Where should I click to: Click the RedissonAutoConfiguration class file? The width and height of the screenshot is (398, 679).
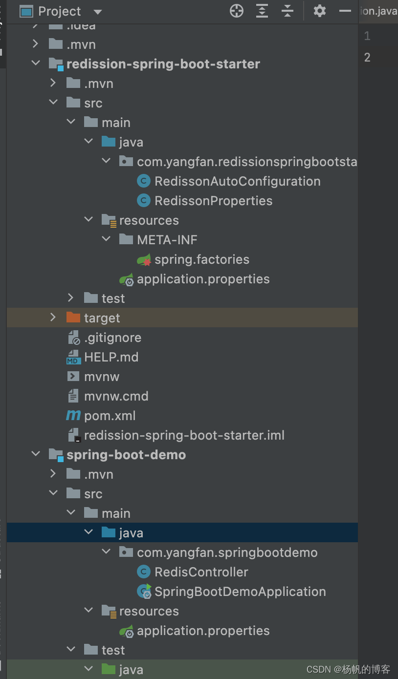click(237, 181)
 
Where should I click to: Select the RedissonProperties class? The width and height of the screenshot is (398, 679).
click(213, 201)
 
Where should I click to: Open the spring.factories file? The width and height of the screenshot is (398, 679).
click(201, 259)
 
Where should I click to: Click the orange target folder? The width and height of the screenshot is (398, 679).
click(102, 318)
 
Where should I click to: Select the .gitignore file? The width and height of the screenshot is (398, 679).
click(112, 338)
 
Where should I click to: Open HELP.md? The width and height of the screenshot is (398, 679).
click(111, 357)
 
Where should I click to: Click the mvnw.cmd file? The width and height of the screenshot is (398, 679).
click(116, 396)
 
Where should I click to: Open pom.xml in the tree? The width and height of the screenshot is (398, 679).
click(110, 416)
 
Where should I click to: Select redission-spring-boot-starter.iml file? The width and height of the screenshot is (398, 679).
click(184, 435)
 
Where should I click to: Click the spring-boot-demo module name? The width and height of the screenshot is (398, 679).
click(126, 455)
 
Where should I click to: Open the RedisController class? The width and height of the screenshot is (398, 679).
click(201, 572)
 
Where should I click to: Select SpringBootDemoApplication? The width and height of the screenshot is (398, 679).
click(240, 592)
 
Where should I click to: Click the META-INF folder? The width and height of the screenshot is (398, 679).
click(167, 240)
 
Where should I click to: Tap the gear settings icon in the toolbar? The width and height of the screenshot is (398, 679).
click(320, 11)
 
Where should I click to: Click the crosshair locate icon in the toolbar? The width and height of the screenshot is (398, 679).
click(237, 11)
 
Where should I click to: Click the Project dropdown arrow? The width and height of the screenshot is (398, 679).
click(97, 12)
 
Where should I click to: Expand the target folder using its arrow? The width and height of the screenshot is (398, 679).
click(53, 318)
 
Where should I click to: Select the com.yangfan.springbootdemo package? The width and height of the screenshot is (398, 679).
click(227, 552)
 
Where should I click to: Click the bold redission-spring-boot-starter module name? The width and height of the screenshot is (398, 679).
click(163, 64)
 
